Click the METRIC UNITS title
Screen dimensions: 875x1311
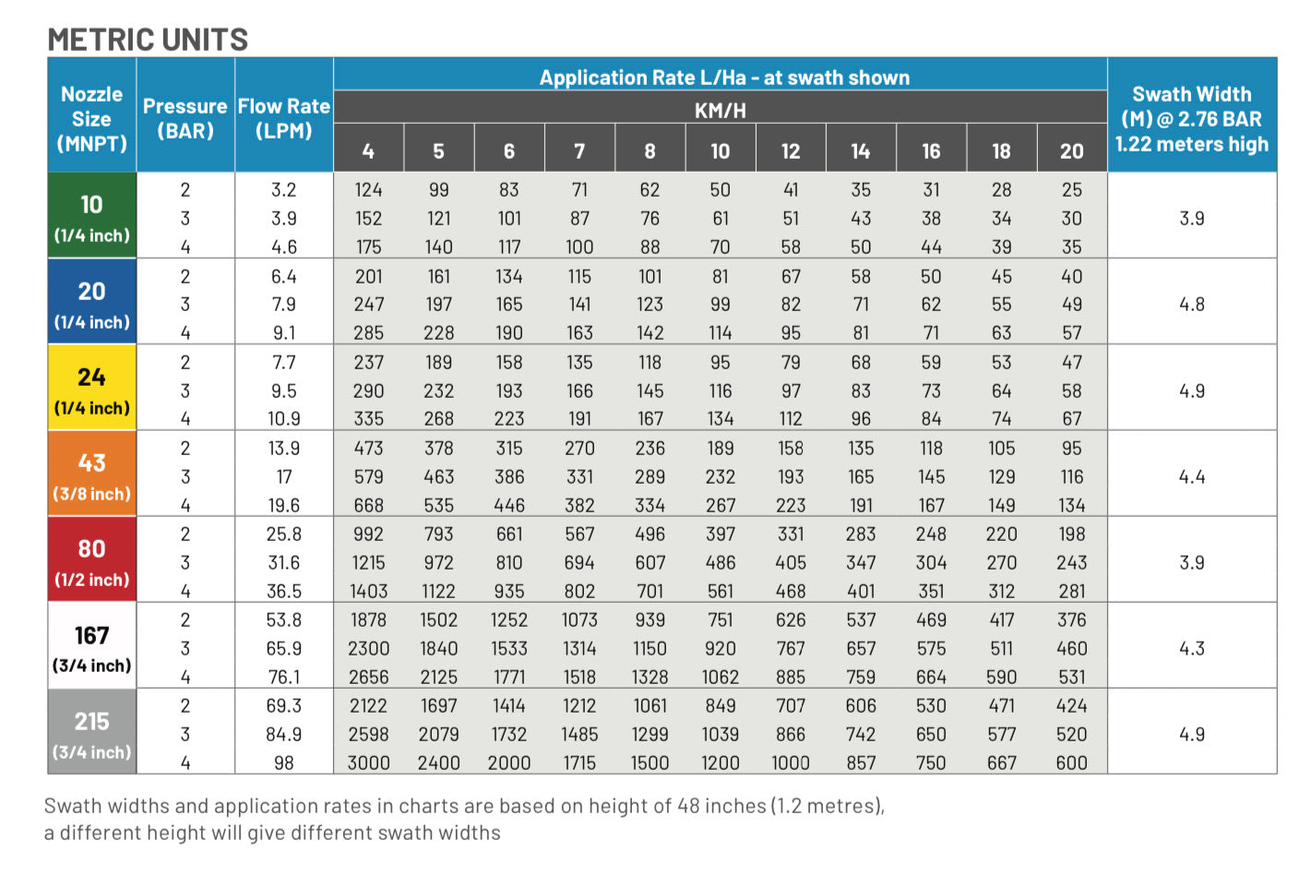point(148,40)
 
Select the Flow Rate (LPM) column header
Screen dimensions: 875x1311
point(283,118)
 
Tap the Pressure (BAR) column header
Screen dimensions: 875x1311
point(185,118)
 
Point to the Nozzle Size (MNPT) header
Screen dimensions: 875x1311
point(91,118)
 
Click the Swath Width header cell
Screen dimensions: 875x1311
point(1191,118)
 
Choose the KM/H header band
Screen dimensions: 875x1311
point(720,111)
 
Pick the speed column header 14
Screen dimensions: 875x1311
point(860,151)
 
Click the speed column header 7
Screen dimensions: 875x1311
point(579,151)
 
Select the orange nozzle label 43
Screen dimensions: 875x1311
point(91,463)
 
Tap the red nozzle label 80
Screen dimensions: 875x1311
point(91,549)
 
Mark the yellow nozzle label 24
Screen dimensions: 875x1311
point(91,378)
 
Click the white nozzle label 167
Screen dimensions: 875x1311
point(91,636)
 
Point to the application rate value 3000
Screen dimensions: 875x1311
point(368,763)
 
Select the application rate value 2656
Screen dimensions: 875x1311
point(368,677)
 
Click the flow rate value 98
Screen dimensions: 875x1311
point(283,763)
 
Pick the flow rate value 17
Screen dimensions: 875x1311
point(283,477)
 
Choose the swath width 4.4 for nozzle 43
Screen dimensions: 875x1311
point(1191,477)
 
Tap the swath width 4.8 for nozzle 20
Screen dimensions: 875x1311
point(1191,305)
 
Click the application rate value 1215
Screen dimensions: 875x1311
point(368,563)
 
